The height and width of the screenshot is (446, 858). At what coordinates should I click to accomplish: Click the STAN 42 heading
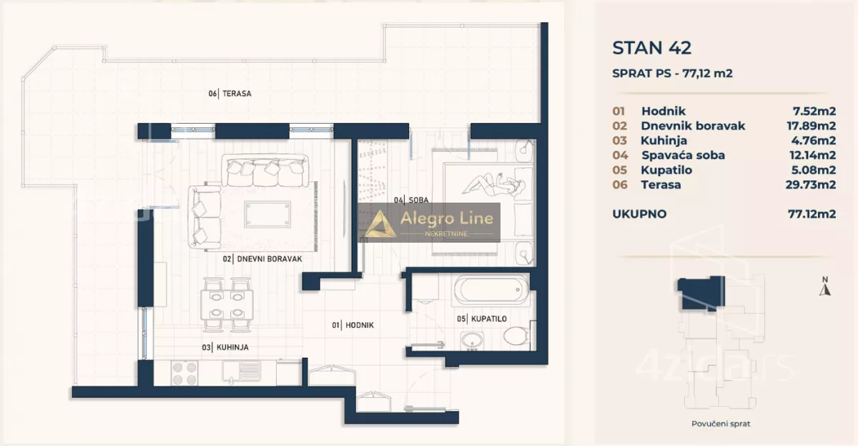point(651,48)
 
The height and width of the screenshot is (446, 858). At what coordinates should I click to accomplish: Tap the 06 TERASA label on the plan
point(230,94)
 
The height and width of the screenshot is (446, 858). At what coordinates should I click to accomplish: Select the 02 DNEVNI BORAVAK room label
point(262,259)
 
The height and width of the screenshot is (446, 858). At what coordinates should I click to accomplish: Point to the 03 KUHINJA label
point(225,347)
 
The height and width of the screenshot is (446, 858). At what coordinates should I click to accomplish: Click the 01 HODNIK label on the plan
point(352,325)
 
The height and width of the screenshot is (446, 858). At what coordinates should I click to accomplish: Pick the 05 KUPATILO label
point(482,319)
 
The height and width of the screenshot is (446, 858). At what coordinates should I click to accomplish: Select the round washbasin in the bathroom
point(472,341)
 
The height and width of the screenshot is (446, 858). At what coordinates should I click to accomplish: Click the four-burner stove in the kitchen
point(184,374)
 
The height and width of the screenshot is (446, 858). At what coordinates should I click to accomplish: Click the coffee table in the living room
point(267,214)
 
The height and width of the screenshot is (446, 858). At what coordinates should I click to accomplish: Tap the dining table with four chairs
point(227,305)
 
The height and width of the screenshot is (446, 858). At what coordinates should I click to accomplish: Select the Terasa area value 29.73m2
point(811,185)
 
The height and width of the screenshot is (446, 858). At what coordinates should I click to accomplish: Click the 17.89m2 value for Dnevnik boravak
point(812,126)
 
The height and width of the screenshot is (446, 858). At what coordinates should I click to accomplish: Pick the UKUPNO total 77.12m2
point(812,214)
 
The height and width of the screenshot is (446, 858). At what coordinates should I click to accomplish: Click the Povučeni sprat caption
point(721,424)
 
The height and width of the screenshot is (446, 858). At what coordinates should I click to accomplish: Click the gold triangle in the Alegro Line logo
point(380,224)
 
